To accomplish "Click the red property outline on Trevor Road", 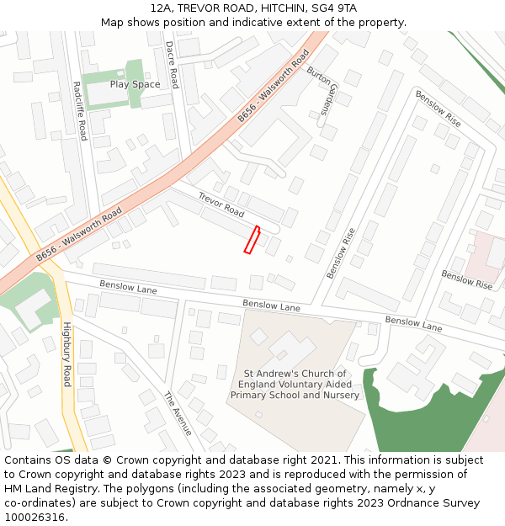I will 252,239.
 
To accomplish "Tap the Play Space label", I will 135,84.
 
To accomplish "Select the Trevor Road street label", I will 221,205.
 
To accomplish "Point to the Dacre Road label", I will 172,65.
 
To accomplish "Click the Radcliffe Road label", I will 79,110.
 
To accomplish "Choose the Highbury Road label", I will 67,354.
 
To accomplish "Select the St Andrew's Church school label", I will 295,384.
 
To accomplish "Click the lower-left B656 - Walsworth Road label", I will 79,234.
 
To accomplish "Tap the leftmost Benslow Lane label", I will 128,287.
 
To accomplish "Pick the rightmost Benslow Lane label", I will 413,323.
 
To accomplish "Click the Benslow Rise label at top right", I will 438,109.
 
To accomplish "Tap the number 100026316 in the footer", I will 35,517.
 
